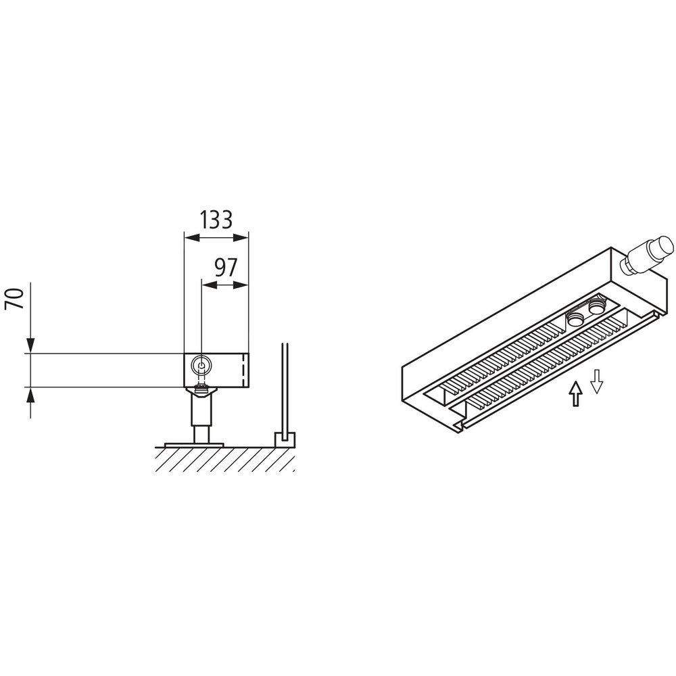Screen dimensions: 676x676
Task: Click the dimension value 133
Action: (216, 220)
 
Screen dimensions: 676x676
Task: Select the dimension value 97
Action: (226, 268)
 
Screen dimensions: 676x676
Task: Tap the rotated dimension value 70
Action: (14, 299)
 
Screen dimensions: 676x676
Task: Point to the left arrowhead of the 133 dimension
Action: (192, 237)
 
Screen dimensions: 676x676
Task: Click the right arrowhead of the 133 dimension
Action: (241, 237)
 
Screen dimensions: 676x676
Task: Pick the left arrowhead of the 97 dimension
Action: (210, 285)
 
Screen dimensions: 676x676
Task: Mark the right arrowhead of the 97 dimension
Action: (241, 285)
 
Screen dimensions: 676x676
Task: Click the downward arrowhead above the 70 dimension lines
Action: (30, 345)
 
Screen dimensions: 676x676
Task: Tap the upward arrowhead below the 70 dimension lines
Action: (30, 395)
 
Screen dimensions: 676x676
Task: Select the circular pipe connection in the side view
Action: (201, 366)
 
